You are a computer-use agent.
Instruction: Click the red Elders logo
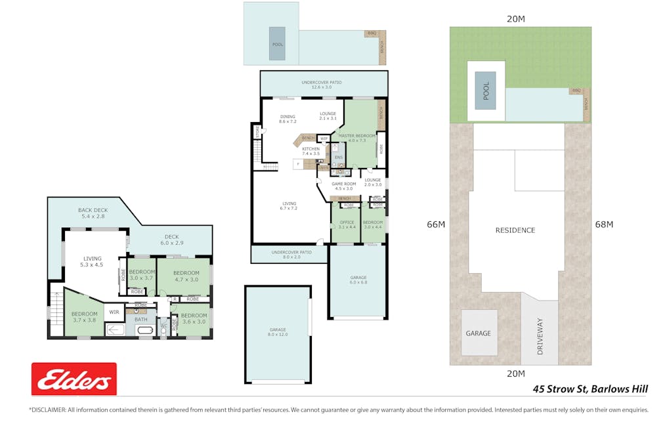pyautogui.click(x=74, y=379)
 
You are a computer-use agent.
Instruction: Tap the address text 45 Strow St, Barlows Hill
pyautogui.click(x=590, y=389)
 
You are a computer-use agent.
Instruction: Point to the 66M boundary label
pyautogui.click(x=436, y=224)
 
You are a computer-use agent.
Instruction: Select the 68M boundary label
pyautogui.click(x=603, y=224)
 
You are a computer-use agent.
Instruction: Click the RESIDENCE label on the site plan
pyautogui.click(x=515, y=230)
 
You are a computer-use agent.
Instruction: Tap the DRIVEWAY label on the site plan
pyautogui.click(x=540, y=337)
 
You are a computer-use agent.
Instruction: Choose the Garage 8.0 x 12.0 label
pyautogui.click(x=278, y=332)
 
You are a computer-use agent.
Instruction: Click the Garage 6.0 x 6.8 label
pyautogui.click(x=358, y=280)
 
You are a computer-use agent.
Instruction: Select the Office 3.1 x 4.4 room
pyautogui.click(x=346, y=224)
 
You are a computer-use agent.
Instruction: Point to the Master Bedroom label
pyautogui.click(x=357, y=138)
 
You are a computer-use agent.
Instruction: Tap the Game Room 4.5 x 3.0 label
pyautogui.click(x=343, y=186)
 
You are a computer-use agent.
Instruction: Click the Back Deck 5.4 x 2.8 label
pyautogui.click(x=92, y=213)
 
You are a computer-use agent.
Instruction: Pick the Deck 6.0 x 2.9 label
pyautogui.click(x=171, y=240)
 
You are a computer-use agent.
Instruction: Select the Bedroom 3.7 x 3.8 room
pyautogui.click(x=84, y=316)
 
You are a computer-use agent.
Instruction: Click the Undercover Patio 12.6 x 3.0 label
pyautogui.click(x=321, y=85)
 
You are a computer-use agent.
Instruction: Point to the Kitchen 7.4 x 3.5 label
pyautogui.click(x=311, y=151)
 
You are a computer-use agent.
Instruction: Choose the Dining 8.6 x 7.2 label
pyautogui.click(x=288, y=119)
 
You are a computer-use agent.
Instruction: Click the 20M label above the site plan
pyautogui.click(x=516, y=19)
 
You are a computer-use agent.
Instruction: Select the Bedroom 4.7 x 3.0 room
pyautogui.click(x=186, y=276)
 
